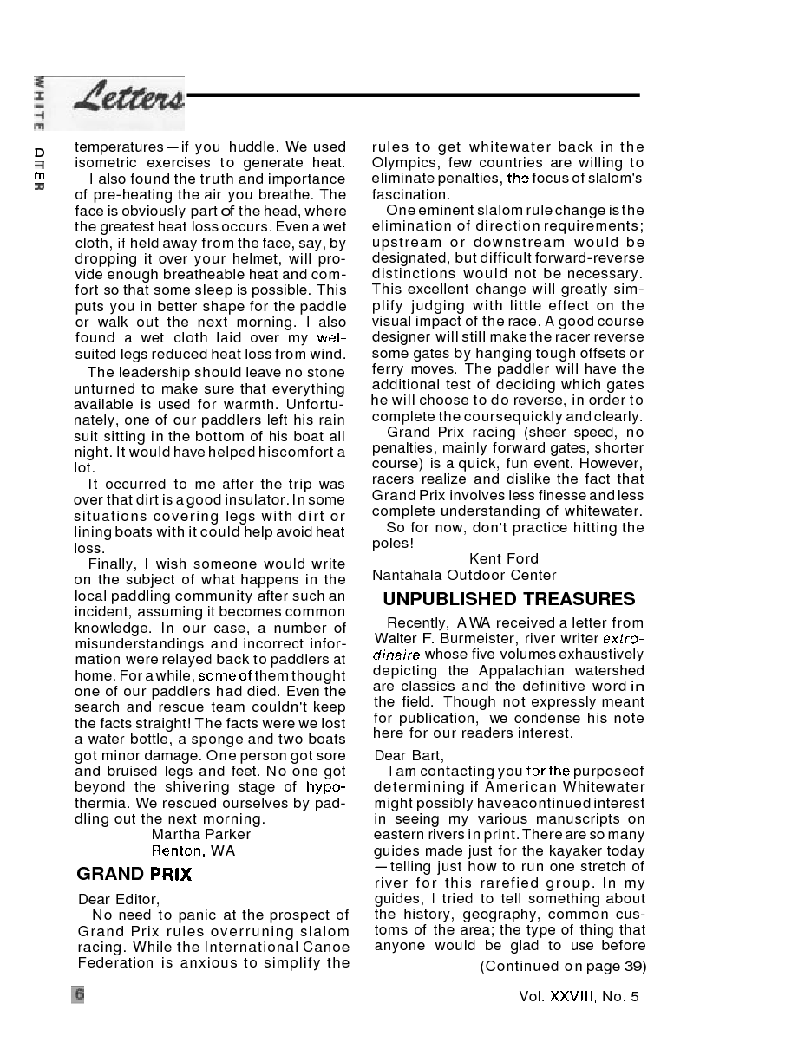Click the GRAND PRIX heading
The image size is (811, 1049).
tap(134, 874)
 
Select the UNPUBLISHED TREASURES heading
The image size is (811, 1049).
tap(508, 599)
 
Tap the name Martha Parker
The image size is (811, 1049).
tap(201, 834)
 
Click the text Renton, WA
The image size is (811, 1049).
tap(193, 850)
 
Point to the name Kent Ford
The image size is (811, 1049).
tap(504, 558)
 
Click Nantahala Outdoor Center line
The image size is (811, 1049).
tap(464, 575)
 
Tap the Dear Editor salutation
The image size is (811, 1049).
tap(119, 899)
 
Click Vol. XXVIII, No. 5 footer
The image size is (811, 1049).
tap(579, 996)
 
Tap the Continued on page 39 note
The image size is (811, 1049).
tap(563, 966)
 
